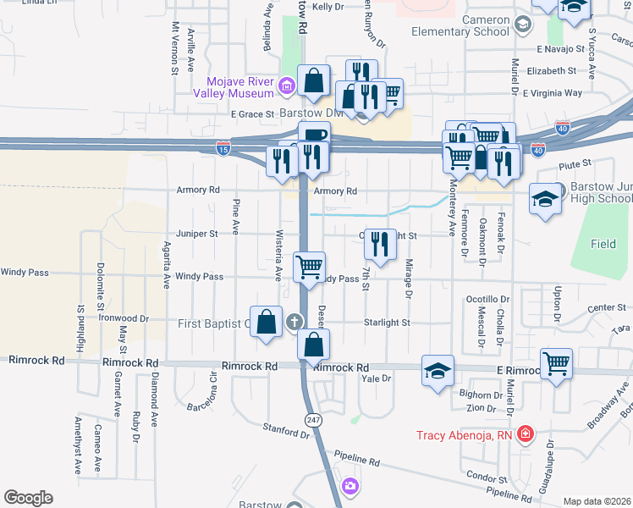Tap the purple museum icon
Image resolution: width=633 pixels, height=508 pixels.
point(287,85)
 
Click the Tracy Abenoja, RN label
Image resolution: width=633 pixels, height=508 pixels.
point(465,437)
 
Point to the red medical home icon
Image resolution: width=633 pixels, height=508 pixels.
point(526,435)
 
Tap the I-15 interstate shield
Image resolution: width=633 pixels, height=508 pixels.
point(223,147)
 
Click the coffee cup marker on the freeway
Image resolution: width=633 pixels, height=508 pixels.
point(314,135)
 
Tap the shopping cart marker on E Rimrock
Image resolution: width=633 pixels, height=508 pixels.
point(557,362)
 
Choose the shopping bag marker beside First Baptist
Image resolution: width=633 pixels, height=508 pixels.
point(267,321)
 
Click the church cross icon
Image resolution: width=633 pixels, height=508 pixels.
point(294,321)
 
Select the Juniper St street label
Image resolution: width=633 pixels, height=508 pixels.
point(196,233)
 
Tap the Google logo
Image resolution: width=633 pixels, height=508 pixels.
point(28,498)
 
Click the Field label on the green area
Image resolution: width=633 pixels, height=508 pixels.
point(603,244)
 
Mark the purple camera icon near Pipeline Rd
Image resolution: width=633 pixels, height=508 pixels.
point(350,486)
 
